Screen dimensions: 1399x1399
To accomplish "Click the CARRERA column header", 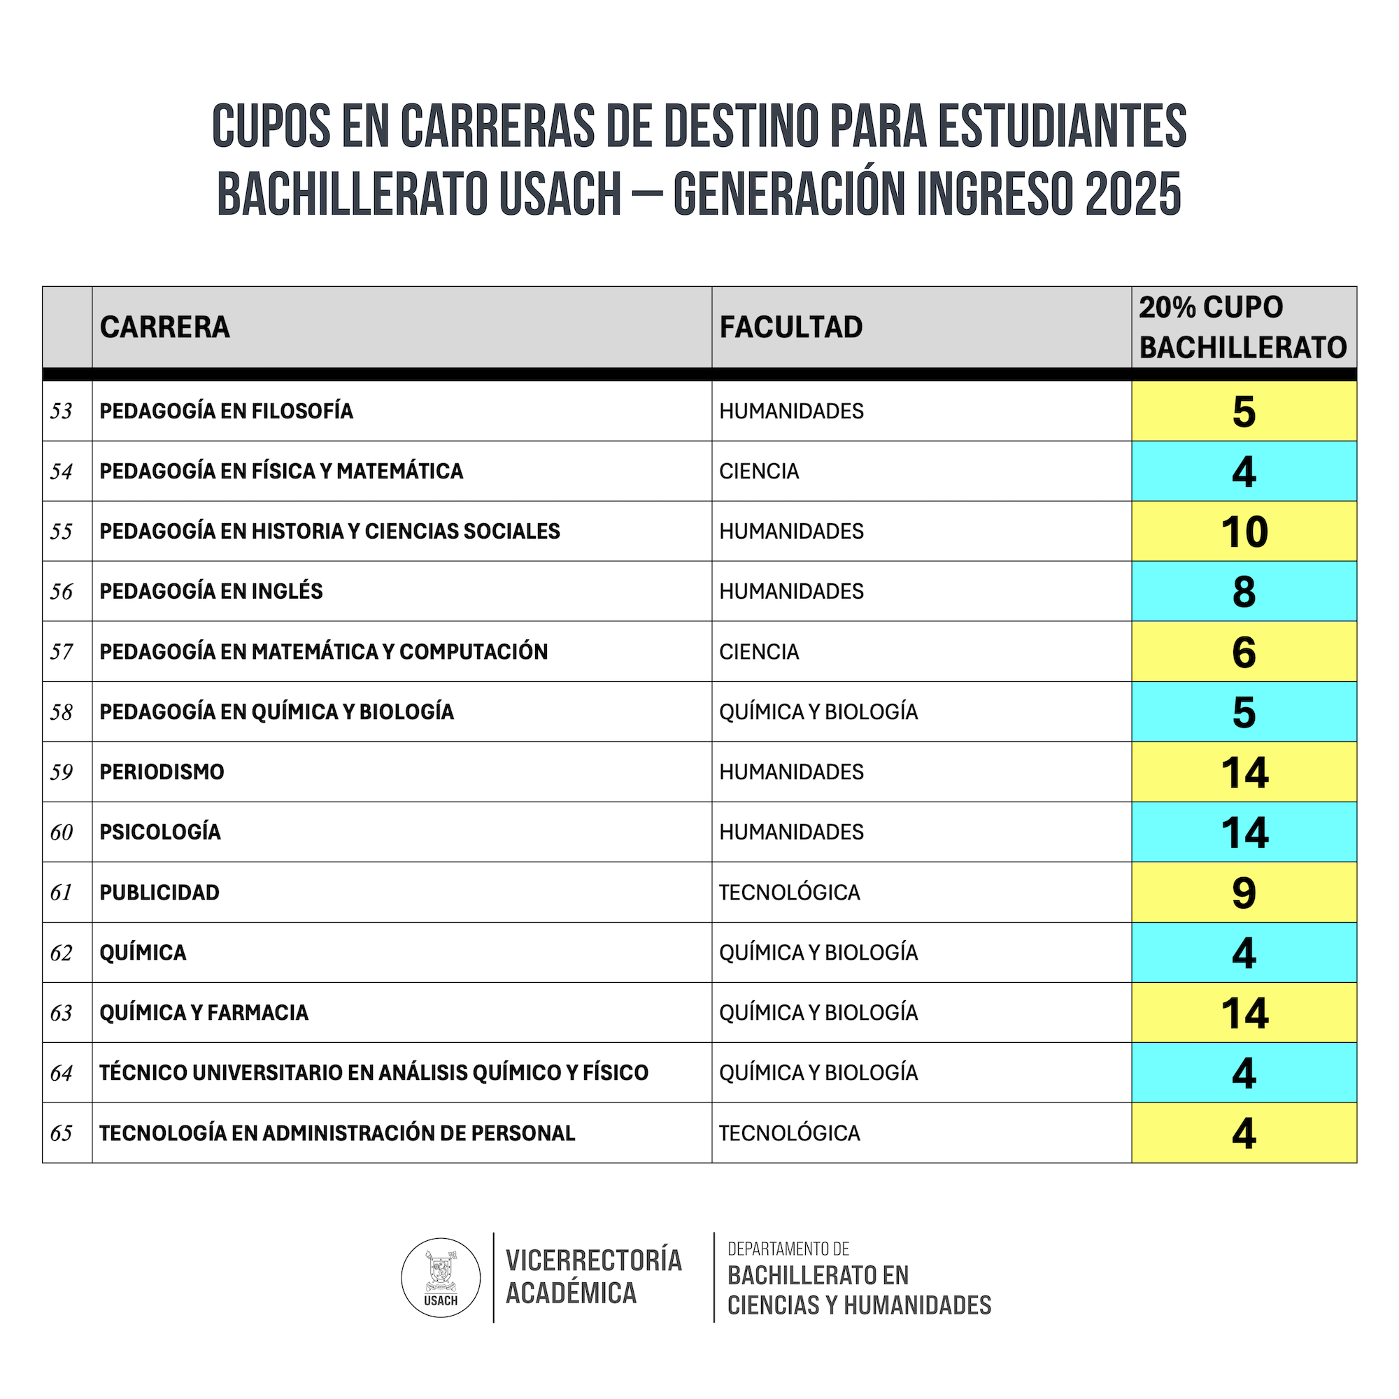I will (164, 327).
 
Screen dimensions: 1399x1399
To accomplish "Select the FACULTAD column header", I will (790, 327).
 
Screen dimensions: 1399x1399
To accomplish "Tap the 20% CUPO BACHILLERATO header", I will (1242, 327).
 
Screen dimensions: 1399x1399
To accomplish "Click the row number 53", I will (62, 411).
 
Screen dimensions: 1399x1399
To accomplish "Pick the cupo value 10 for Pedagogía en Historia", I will (1244, 532).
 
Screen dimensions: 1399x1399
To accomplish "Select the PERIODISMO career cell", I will (162, 772).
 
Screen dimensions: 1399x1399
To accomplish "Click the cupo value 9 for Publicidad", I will (1243, 893).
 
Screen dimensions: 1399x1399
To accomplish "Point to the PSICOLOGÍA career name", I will (160, 832).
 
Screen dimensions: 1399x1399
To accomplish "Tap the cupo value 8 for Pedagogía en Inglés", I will (1243, 592).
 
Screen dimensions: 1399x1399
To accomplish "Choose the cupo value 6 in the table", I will (1243, 652).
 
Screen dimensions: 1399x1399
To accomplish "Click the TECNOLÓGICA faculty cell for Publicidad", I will (789, 893).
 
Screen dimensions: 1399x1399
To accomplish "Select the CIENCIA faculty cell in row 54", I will (759, 471).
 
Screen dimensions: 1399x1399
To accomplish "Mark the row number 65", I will (62, 1133).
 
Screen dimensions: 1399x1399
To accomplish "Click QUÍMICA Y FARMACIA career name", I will (204, 1012).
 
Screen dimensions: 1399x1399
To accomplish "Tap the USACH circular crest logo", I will (440, 1277).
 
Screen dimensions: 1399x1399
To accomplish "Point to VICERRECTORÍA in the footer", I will (594, 1260).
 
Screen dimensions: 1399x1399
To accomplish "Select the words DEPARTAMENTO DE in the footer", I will (788, 1249).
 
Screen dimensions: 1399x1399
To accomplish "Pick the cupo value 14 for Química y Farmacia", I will (1244, 1013).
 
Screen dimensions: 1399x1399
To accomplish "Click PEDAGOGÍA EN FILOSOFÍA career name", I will (227, 411).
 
